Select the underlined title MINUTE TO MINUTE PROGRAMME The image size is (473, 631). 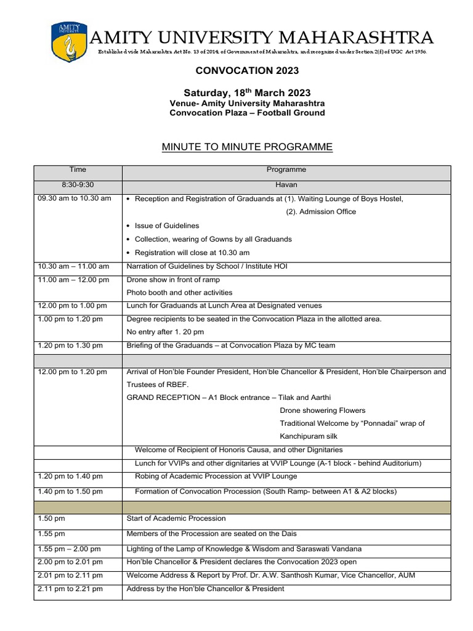247,147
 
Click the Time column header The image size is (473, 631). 78,169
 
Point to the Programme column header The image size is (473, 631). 286,169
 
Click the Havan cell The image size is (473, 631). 286,184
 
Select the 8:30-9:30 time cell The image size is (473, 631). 78,184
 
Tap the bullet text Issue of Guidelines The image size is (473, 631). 166,226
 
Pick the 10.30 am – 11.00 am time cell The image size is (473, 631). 73,266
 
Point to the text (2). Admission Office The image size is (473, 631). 321,212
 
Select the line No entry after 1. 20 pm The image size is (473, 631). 165,332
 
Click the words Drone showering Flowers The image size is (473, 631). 322,410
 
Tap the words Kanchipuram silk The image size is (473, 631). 310,436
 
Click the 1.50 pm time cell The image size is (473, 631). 51,518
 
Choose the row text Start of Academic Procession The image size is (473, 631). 176,518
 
